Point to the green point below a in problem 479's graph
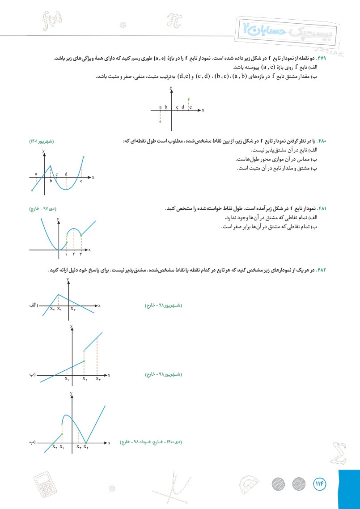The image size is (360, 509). [x=160, y=121]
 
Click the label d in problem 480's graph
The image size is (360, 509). [x=66, y=174]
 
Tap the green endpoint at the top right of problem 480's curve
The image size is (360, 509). [x=84, y=157]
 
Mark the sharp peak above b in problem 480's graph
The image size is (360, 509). [x=51, y=166]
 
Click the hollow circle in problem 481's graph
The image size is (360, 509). [x=67, y=235]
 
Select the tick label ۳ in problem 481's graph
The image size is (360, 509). [x=81, y=254]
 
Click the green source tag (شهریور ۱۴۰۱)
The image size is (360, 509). [x=41, y=142]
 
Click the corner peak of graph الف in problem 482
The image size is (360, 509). [x=58, y=294]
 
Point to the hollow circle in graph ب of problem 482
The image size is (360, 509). [x=84, y=351]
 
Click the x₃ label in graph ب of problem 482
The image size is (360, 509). [x=98, y=378]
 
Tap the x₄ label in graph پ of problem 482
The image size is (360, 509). [x=86, y=446]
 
